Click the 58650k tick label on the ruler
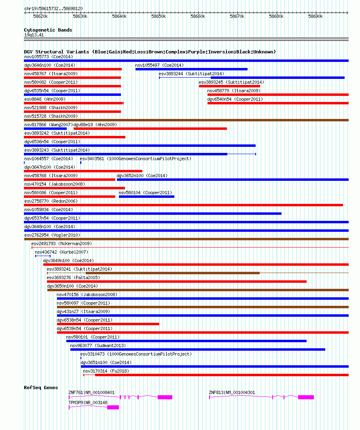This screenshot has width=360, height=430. click(x=159, y=17)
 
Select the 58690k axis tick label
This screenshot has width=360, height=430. click(x=316, y=17)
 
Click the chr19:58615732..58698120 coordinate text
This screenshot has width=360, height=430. click(x=53, y=9)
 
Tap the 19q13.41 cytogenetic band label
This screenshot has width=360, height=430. click(x=34, y=35)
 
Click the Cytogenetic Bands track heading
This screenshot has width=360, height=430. click(x=48, y=30)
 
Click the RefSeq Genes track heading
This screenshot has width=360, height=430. click(x=41, y=388)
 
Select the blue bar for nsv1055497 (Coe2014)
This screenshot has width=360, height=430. click(x=191, y=69)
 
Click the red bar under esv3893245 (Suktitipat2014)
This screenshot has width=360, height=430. click(x=229, y=86)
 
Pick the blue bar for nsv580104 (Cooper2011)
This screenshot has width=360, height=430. click(x=146, y=196)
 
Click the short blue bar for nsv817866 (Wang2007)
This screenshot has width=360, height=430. click(x=45, y=129)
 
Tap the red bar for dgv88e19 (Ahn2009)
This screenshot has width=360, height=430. click(x=150, y=129)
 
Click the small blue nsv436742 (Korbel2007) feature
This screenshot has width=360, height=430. click(x=43, y=256)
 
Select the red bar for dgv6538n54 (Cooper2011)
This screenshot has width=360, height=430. click(x=108, y=324)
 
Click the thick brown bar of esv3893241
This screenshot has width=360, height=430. click(x=173, y=273)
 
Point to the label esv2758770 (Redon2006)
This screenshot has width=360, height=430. click(x=51, y=201)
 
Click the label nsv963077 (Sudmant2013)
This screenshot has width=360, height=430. click(x=98, y=345)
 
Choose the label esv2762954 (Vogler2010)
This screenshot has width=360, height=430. click(x=52, y=235)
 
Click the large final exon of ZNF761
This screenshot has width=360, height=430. click(x=165, y=397)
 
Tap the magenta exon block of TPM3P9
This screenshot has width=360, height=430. click(x=113, y=407)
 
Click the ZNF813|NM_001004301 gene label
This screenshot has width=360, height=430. click(x=232, y=392)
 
